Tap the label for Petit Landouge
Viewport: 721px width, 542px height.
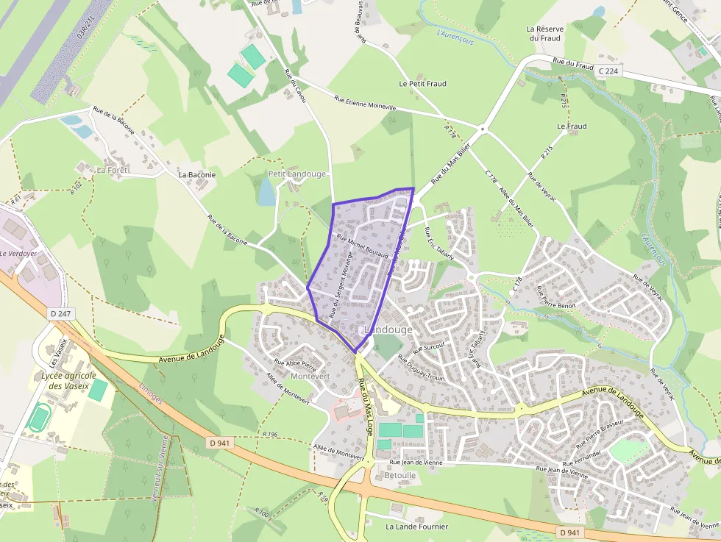click(x=296, y=174)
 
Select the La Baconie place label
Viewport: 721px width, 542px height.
click(x=197, y=175)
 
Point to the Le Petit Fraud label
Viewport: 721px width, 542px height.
click(x=422, y=84)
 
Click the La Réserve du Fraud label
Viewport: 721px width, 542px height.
click(x=544, y=34)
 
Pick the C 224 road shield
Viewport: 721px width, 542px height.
click(x=609, y=71)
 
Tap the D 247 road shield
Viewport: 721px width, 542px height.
click(x=62, y=314)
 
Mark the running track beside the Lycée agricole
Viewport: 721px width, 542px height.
click(x=39, y=417)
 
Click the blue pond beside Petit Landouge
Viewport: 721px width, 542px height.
click(x=266, y=191)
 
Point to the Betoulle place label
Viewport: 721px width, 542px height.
click(x=400, y=475)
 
